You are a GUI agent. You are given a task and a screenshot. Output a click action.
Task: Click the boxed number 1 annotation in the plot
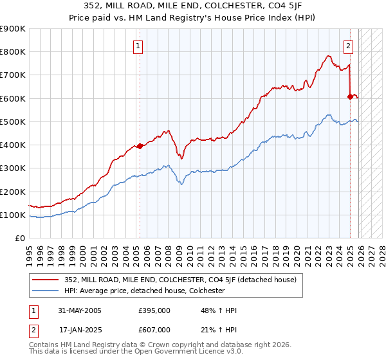(x=138, y=46)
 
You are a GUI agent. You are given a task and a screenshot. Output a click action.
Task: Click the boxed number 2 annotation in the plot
(x=348, y=46)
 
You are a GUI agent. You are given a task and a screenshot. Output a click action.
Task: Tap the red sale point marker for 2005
(x=140, y=146)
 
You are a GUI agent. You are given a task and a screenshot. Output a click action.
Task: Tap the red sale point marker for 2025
(x=350, y=96)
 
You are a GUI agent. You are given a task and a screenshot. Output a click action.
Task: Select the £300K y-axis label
(x=13, y=168)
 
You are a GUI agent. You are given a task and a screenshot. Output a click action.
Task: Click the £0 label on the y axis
(x=21, y=239)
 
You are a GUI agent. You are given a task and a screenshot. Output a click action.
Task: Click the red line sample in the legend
(x=46, y=280)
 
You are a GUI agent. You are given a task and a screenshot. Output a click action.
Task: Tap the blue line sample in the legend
(x=46, y=291)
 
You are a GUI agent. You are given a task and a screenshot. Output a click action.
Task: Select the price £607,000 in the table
(x=154, y=330)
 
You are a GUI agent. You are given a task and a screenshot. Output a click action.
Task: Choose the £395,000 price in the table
(x=154, y=310)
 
